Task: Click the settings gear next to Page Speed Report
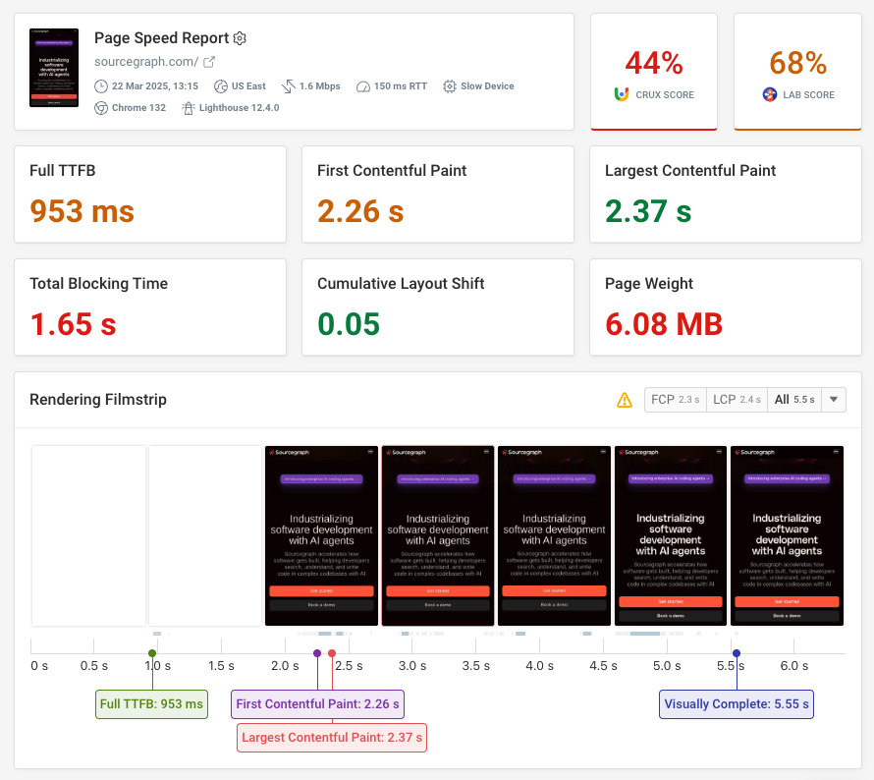point(240,38)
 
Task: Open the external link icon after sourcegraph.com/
point(208,62)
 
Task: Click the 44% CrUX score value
point(654,63)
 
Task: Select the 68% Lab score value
point(797,63)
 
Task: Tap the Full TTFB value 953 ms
point(82,210)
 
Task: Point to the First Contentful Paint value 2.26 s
point(361,210)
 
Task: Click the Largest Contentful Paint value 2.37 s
point(648,210)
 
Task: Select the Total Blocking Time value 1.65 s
point(74,323)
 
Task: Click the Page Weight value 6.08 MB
point(664,323)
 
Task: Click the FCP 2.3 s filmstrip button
point(675,400)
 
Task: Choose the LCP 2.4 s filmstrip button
point(737,400)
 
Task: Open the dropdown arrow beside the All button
point(834,400)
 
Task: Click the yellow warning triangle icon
point(624,400)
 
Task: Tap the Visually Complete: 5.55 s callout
point(737,704)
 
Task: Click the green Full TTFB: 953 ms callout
point(151,704)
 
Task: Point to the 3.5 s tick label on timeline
point(475,666)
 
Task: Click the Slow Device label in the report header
point(487,86)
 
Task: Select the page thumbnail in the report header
point(54,68)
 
